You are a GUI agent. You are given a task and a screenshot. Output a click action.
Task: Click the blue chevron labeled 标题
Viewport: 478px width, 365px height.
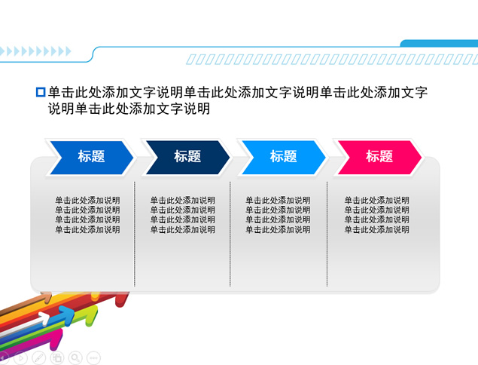click(90, 157)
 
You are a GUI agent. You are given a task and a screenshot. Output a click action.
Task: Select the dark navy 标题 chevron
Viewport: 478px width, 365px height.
click(187, 157)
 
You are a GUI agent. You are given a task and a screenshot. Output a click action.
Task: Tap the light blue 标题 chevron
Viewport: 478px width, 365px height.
click(283, 157)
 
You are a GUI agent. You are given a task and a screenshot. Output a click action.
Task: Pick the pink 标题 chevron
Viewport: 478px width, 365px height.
click(379, 157)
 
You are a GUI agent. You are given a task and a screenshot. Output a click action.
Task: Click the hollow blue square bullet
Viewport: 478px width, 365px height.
click(41, 93)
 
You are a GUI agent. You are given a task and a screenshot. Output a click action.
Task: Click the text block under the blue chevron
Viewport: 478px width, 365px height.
click(87, 215)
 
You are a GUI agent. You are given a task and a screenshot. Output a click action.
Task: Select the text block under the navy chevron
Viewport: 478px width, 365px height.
click(183, 215)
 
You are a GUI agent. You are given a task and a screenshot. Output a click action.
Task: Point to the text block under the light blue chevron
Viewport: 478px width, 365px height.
click(278, 215)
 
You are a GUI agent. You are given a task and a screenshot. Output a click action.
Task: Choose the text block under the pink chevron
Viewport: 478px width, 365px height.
click(377, 215)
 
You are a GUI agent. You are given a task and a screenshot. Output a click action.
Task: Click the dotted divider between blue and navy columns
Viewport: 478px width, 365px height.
click(135, 234)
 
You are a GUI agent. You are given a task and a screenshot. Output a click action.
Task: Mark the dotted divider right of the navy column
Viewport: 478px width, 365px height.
click(230, 234)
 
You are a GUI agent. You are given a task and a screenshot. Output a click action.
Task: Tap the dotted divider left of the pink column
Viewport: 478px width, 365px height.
click(327, 234)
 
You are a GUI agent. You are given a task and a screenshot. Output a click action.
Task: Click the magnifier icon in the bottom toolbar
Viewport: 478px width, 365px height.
click(76, 357)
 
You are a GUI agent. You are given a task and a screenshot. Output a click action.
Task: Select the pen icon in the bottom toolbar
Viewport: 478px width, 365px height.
click(39, 357)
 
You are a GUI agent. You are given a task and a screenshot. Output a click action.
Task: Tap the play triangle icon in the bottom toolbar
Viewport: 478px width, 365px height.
click(20, 357)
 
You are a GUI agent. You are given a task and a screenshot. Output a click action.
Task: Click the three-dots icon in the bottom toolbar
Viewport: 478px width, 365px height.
click(94, 357)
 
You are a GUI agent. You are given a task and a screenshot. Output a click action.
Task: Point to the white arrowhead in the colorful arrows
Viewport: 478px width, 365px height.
click(46, 317)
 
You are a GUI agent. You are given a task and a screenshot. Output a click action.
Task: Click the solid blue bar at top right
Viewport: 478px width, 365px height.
click(440, 43)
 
